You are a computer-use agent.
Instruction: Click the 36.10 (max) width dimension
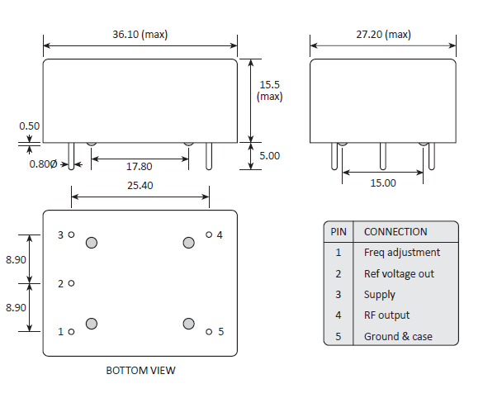point(140,35)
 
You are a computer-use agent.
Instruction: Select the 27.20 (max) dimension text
point(383,35)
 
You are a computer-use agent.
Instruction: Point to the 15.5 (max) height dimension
point(269,91)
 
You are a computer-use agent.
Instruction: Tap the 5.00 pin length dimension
point(269,155)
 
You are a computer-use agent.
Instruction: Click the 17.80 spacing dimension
point(139,167)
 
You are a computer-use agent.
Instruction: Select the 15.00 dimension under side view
point(382,183)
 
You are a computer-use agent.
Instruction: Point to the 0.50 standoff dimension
point(30,126)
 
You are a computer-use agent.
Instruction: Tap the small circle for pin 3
point(72,235)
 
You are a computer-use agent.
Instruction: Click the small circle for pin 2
point(72,283)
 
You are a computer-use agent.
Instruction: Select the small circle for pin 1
point(72,332)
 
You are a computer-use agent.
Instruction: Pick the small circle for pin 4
point(209,235)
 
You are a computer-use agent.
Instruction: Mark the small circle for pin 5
point(209,332)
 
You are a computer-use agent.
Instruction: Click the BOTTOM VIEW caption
point(140,371)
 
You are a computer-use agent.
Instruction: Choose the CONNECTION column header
point(395,232)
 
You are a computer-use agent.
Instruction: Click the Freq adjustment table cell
point(402,253)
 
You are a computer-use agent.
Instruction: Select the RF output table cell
point(386,315)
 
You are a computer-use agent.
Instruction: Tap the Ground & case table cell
point(398,336)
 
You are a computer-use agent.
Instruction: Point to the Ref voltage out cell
point(399,273)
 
